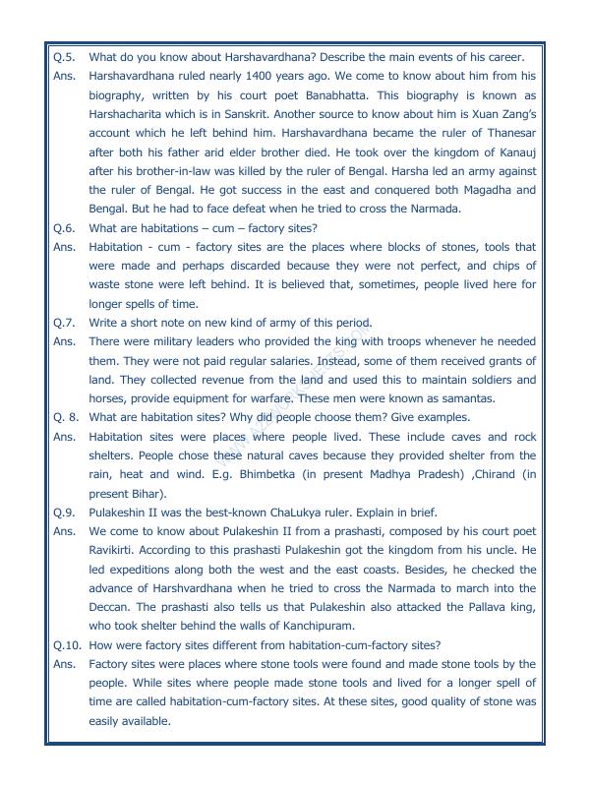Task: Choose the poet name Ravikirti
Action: click(116, 551)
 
